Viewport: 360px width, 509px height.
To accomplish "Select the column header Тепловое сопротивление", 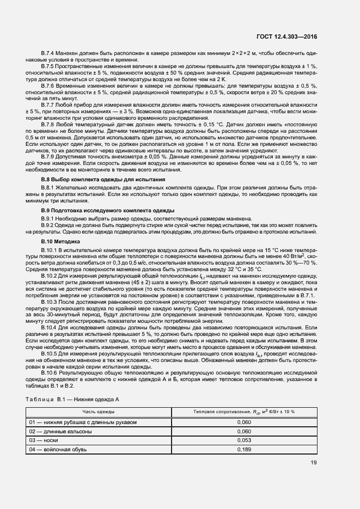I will click(244, 412).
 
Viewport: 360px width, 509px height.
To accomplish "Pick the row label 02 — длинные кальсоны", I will click(60, 431).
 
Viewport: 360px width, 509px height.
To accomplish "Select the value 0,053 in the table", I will click(245, 440).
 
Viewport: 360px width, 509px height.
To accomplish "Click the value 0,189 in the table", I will click(245, 449).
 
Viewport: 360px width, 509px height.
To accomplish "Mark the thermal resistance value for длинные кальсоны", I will click(245, 431).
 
